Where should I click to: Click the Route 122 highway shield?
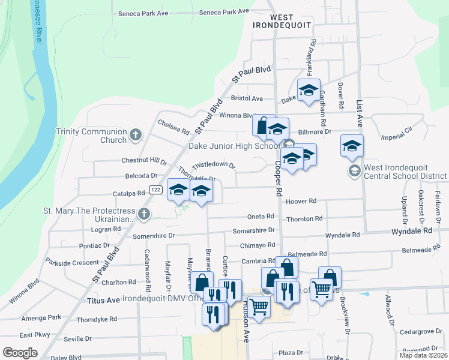[x=155, y=190]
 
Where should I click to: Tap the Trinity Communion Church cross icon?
[x=136, y=135]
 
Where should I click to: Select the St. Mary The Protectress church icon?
[x=143, y=214]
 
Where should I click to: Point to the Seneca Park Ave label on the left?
[x=141, y=13]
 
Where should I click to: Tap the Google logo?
[x=19, y=352]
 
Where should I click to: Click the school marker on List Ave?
[x=352, y=146]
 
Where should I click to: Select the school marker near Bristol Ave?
[x=309, y=91]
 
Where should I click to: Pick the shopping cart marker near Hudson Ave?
[x=259, y=306]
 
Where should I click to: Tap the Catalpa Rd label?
[x=129, y=194]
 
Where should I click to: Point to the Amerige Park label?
[x=40, y=317]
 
